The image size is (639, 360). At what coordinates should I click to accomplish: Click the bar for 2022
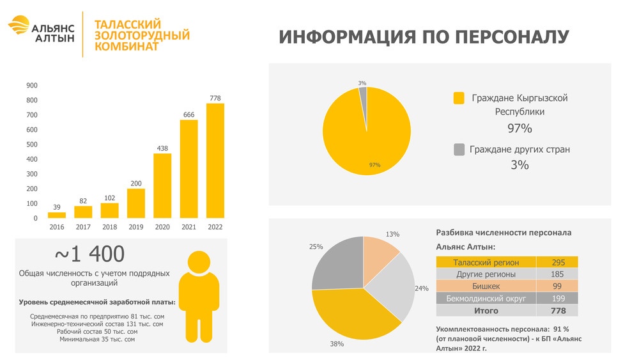tap(215, 160)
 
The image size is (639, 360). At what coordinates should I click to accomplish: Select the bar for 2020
tap(162, 185)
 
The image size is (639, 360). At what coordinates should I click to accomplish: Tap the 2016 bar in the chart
tap(57, 215)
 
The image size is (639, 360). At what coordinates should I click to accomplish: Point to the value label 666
tap(189, 114)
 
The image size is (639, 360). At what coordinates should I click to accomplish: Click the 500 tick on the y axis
tap(32, 145)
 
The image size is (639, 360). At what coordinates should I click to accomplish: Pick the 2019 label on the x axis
tap(135, 227)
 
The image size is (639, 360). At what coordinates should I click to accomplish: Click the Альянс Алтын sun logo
tap(19, 25)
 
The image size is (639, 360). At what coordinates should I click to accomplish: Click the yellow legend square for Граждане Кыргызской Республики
tap(459, 98)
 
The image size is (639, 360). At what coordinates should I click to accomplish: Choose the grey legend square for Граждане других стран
tap(459, 149)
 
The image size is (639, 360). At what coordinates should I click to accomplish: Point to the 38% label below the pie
tap(337, 344)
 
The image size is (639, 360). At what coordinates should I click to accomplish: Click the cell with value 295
tap(557, 262)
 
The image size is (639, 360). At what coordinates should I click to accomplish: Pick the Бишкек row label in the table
tap(486, 286)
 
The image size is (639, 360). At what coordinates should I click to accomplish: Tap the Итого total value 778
tap(557, 311)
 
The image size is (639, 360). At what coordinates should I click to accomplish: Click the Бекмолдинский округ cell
tap(486, 299)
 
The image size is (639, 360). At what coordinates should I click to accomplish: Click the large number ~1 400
tap(89, 254)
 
